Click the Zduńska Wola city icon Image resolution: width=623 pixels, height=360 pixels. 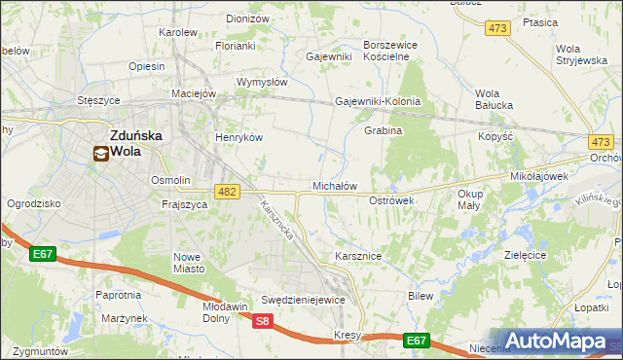pos(101,153)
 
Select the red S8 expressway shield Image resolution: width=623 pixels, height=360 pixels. pos(262,321)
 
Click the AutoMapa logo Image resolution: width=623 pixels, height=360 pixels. pos(557,341)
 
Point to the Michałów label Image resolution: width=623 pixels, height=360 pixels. pos(334,185)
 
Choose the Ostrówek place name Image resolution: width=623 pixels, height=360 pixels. pos(392,199)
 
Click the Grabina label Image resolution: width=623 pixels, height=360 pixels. pos(383,130)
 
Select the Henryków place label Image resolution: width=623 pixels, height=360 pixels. pos(239,137)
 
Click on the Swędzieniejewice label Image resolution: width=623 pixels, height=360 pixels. pos(304,300)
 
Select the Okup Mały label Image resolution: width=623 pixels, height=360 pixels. pos(471,199)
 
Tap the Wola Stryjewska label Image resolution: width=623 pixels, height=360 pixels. pos(580,54)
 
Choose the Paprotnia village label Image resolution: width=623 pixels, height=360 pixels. pos(119,294)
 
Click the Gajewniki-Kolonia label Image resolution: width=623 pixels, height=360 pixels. pos(378,101)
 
